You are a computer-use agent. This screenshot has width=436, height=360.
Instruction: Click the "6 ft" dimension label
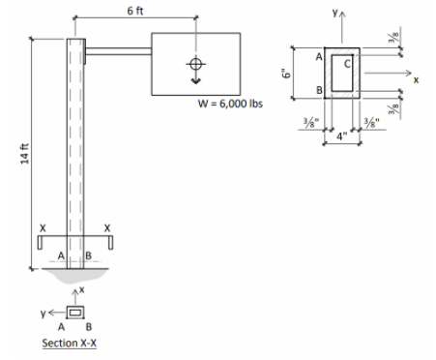[136, 8]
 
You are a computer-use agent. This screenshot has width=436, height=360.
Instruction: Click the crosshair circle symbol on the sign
[196, 65]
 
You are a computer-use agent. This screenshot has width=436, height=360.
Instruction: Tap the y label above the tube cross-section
[335, 15]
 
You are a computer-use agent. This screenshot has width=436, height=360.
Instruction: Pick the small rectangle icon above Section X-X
[74, 312]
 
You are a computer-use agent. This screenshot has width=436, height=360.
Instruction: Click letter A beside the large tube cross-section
[318, 59]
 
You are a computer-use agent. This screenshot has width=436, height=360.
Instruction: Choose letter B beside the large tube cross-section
[318, 91]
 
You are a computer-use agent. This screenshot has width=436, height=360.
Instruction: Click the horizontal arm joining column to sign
[118, 52]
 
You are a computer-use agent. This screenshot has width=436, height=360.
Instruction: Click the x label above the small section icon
[82, 289]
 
